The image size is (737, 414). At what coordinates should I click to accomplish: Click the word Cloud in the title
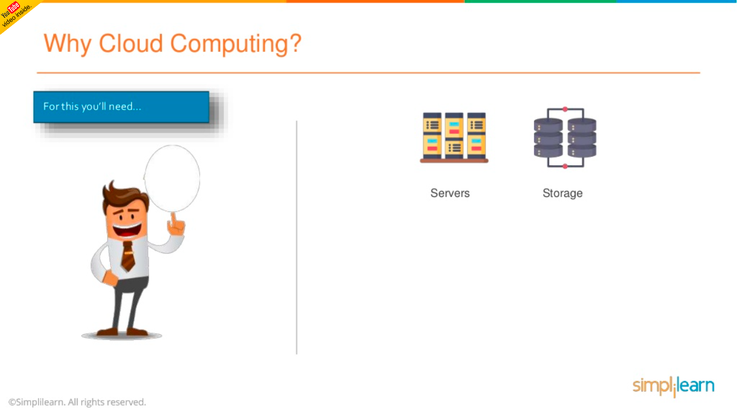[131, 44]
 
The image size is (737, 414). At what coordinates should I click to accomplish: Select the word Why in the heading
[67, 44]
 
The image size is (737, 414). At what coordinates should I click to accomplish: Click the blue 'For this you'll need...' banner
[121, 107]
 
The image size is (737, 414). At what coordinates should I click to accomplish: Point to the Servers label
[450, 193]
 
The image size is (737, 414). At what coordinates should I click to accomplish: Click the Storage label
[562, 193]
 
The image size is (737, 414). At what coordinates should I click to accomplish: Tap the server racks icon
[454, 137]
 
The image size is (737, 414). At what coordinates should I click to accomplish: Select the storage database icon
[565, 138]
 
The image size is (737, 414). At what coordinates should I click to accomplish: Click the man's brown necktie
[128, 257]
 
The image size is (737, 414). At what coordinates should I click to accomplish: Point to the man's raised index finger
[173, 218]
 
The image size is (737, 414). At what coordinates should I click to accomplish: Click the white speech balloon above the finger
[172, 177]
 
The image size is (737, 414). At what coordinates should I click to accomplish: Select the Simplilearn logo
[673, 386]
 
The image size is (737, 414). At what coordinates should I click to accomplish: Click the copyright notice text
[77, 402]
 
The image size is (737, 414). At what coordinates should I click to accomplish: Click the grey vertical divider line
[297, 237]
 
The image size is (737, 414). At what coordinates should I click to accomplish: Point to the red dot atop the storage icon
[565, 109]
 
